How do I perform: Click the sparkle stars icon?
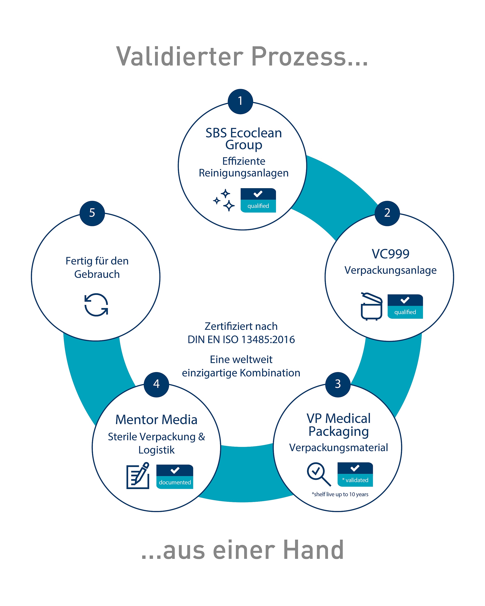pos(224,200)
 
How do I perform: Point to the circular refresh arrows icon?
pos(96,305)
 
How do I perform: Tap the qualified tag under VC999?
pos(405,306)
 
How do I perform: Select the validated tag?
pos(355,474)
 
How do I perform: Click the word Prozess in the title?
pos(309,56)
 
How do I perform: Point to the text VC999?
pos(390,254)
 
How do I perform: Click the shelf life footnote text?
pos(340,494)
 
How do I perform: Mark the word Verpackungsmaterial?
pos(339,448)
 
